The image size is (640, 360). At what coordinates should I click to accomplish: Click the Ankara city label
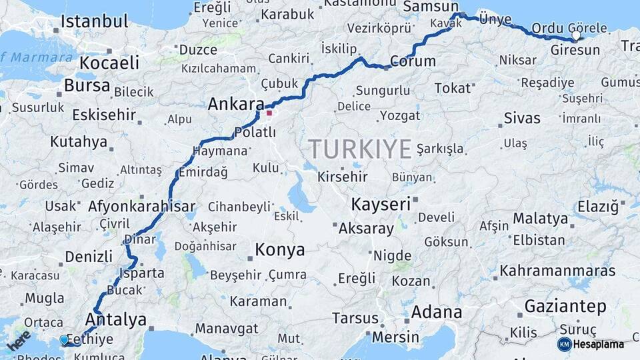[236, 105]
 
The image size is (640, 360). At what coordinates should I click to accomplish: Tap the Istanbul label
[94, 21]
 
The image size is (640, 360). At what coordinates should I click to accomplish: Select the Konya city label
[280, 250]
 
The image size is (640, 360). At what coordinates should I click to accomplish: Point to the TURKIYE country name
[359, 149]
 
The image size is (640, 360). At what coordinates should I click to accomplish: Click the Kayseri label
[381, 204]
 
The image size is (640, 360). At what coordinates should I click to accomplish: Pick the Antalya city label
[116, 320]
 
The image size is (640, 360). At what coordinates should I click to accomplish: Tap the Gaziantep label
[565, 307]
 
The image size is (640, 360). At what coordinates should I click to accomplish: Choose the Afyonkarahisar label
[141, 206]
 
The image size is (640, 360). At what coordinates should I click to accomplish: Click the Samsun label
[427, 6]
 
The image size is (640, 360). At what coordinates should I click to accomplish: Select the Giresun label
[575, 50]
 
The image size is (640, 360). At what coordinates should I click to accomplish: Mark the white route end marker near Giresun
[576, 35]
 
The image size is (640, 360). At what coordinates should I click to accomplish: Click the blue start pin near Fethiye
[64, 340]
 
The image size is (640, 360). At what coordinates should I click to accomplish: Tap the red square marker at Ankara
[269, 113]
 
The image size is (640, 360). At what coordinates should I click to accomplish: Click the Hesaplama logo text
[599, 344]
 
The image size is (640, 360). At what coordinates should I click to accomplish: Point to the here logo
[19, 341]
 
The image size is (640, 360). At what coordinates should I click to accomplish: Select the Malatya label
[540, 219]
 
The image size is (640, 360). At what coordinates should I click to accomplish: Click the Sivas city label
[522, 119]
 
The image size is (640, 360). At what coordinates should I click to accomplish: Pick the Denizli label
[89, 257]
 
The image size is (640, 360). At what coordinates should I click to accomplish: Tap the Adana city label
[436, 312]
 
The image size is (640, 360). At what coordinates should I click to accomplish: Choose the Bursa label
[87, 86]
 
